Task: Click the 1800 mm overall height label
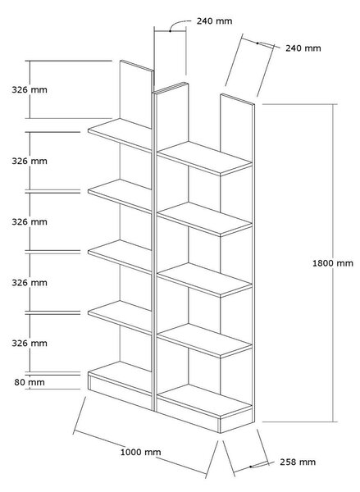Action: [x=333, y=263]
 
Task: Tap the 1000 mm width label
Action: [x=140, y=452]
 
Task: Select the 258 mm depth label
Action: [x=298, y=462]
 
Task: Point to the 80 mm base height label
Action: [x=30, y=382]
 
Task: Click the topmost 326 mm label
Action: [x=30, y=89]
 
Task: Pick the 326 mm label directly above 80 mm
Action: [x=30, y=343]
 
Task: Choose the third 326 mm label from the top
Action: [x=30, y=222]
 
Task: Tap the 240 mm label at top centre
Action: [x=214, y=21]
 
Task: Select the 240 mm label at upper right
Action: [x=303, y=48]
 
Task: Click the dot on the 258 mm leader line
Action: [x=250, y=467]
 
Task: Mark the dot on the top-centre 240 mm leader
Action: [x=170, y=31]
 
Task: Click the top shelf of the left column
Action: [x=120, y=134]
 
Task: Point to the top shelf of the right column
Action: [x=205, y=158]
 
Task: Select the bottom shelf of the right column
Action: [x=205, y=401]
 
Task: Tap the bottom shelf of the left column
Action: [x=120, y=378]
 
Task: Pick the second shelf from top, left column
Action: [x=120, y=195]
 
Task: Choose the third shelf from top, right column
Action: [x=205, y=280]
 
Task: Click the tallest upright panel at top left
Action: [x=136, y=93]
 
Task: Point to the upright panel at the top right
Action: [x=237, y=128]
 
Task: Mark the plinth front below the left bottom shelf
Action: [x=120, y=392]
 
